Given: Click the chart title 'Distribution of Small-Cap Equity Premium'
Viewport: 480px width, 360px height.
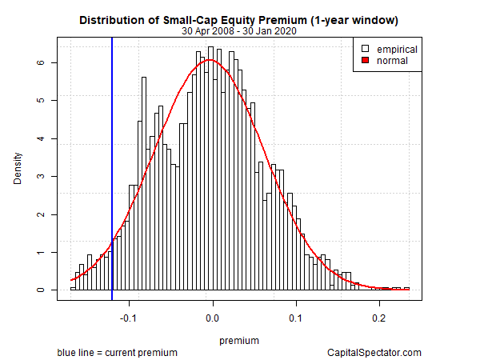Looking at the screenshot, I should point(238,18).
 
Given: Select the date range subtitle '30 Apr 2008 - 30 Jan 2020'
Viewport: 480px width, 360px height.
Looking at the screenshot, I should point(238,31).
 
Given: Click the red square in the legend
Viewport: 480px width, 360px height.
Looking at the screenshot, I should point(364,60).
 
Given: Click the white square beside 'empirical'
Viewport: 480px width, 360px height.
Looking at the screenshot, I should point(364,49).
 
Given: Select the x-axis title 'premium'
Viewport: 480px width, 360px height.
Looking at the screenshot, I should point(238,340).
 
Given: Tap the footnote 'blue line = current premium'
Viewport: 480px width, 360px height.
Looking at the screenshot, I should point(117,352).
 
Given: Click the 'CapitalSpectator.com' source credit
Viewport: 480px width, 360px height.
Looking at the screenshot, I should point(374,352).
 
